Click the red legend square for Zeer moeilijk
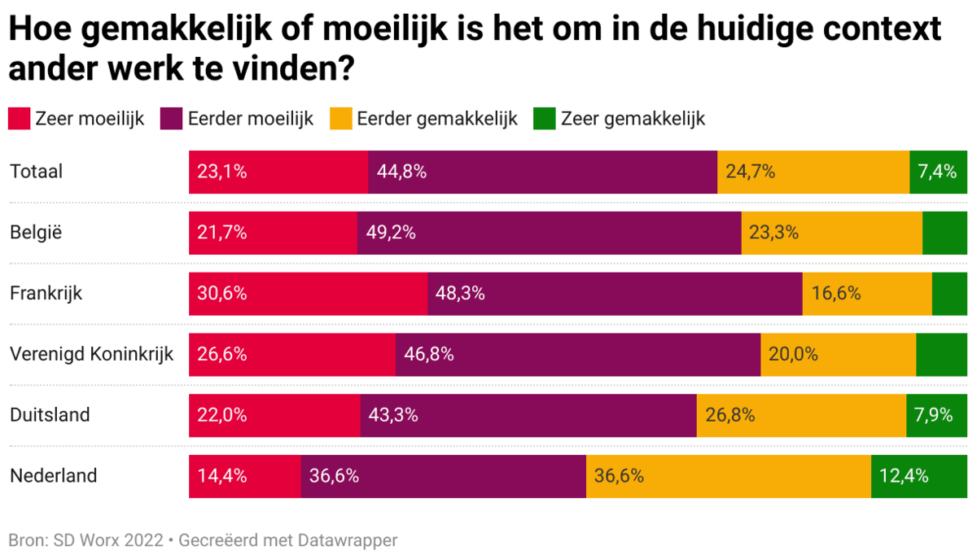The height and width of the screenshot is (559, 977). tap(20, 119)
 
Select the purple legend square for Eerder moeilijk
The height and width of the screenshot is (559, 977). tap(173, 119)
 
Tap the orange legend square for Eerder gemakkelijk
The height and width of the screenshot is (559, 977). tap(341, 119)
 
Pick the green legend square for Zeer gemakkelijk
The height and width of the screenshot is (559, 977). tap(545, 119)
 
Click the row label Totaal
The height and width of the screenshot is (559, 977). tap(36, 172)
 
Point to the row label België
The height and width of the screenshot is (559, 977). tap(36, 233)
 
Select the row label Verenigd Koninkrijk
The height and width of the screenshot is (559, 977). tap(92, 354)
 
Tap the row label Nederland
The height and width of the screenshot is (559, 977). tap(53, 475)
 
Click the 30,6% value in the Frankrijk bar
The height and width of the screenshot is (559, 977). tap(221, 294)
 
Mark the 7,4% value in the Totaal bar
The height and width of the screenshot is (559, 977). tap(937, 172)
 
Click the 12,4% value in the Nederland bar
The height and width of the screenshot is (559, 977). tap(904, 476)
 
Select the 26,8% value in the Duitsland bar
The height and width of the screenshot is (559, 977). tap(730, 415)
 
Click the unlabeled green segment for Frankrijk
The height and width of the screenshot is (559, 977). tap(949, 294)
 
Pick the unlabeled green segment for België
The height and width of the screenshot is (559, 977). tap(944, 233)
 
